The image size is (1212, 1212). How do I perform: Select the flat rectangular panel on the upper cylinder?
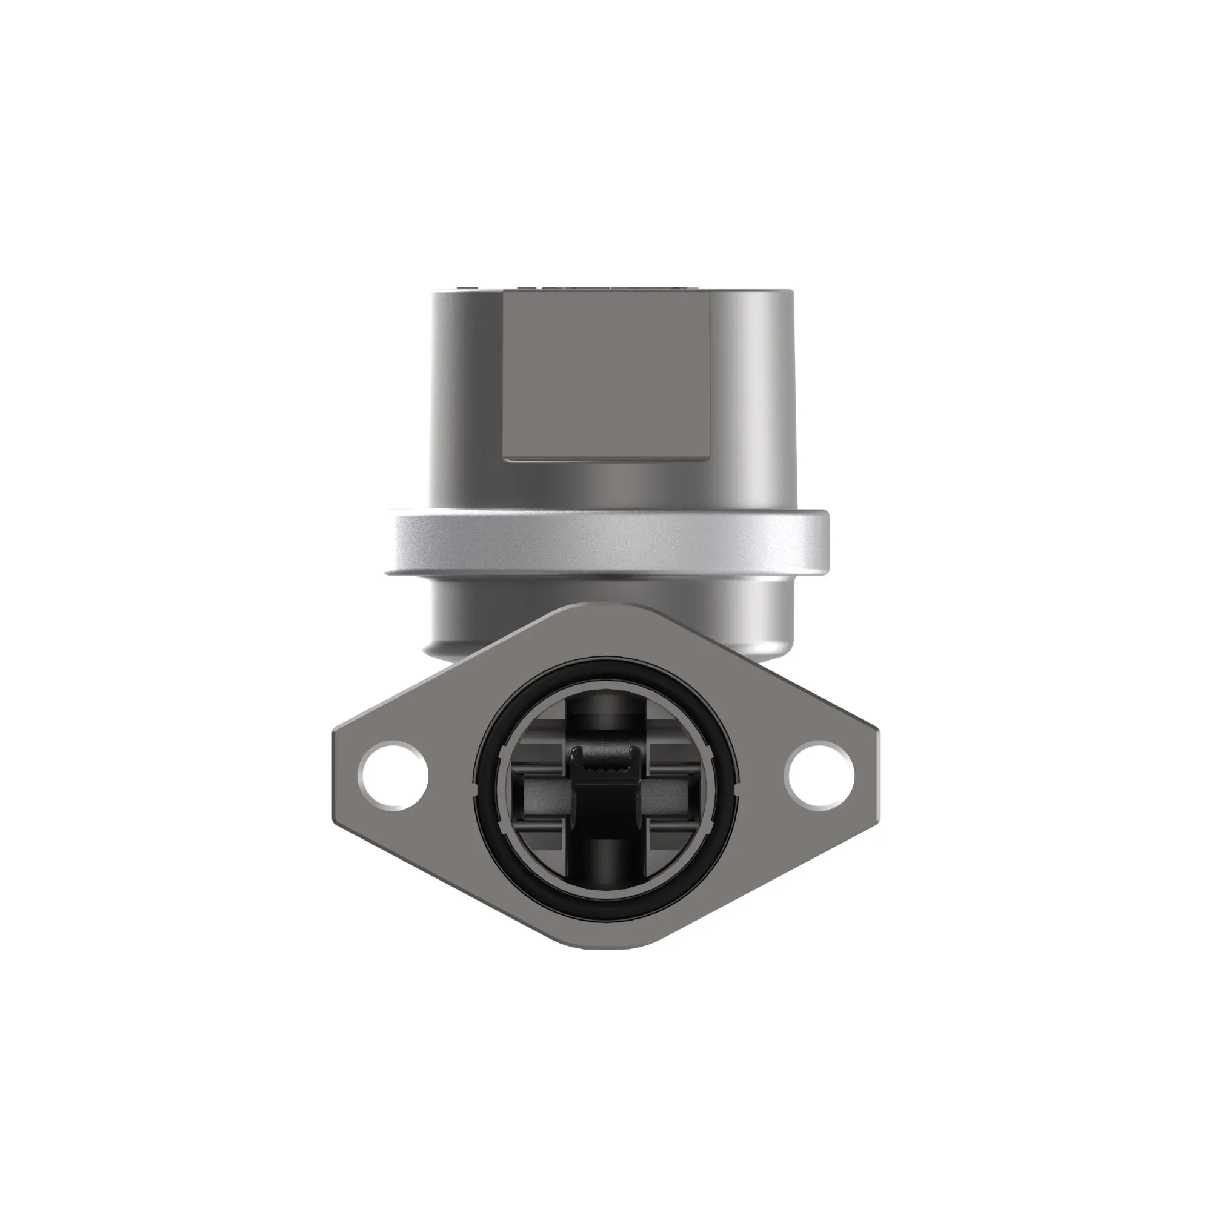pos(607,376)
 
